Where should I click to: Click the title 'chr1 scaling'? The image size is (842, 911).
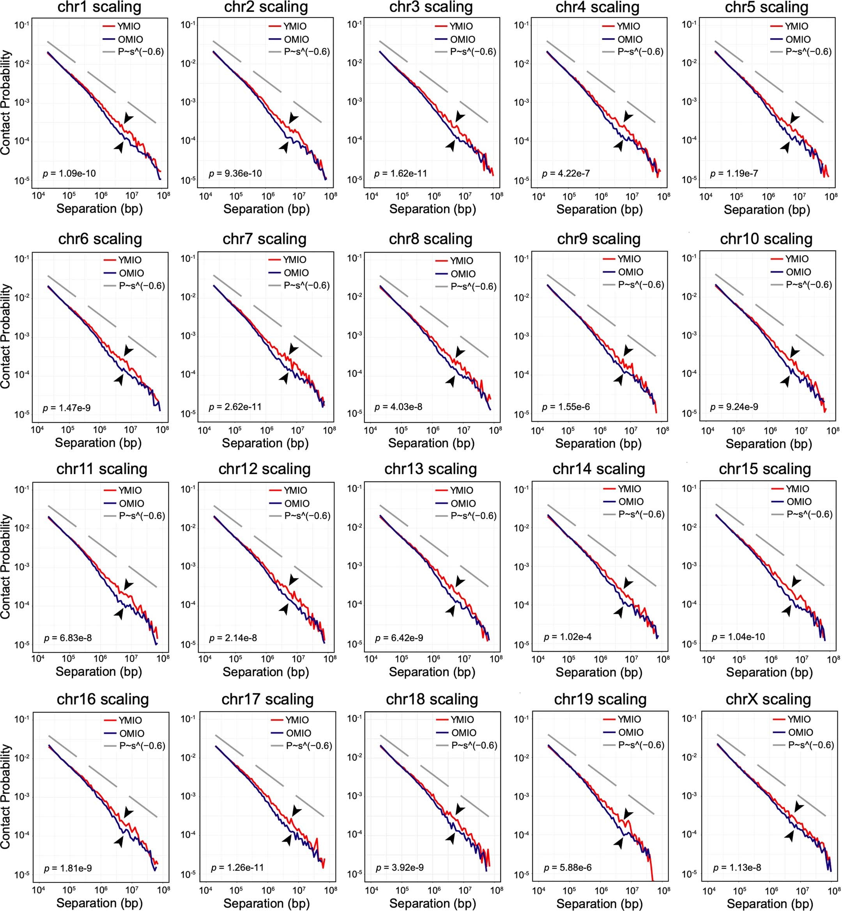[100, 7]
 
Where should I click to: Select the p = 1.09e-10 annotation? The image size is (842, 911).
[69, 173]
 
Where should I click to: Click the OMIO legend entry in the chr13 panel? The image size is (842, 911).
[463, 504]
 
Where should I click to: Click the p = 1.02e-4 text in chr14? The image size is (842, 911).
[568, 637]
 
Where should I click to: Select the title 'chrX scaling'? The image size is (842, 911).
[768, 699]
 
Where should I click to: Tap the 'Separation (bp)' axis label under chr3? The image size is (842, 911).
[432, 209]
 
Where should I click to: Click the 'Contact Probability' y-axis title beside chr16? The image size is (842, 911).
[5, 796]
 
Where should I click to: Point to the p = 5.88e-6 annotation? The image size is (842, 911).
[568, 867]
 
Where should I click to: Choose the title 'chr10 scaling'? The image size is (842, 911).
[766, 239]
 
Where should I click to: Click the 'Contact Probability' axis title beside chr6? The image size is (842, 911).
[5, 336]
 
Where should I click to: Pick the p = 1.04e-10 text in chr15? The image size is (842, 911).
[739, 637]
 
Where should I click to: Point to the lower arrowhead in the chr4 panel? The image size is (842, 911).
[619, 146]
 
